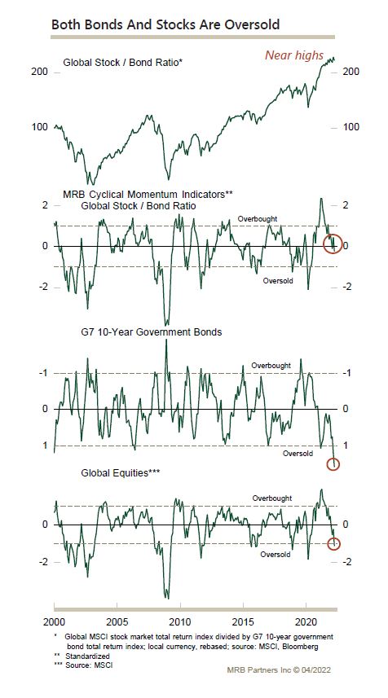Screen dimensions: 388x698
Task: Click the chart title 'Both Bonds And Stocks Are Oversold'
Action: coord(165,24)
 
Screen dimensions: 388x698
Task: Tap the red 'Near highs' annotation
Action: coord(294,55)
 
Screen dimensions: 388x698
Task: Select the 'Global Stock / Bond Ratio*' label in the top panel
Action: coord(122,63)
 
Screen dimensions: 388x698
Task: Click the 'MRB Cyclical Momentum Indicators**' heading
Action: coord(148,194)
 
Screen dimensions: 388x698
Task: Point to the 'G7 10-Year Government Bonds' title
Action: coord(151,332)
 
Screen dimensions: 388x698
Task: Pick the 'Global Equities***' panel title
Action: coord(121,473)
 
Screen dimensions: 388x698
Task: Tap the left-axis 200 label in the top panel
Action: coord(39,72)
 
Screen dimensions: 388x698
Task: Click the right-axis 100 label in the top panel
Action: coord(351,127)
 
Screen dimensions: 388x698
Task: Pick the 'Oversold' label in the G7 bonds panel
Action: coord(298,454)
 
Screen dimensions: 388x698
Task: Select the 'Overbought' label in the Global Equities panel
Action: coord(272,498)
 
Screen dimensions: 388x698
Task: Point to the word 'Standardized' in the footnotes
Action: coord(87,656)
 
